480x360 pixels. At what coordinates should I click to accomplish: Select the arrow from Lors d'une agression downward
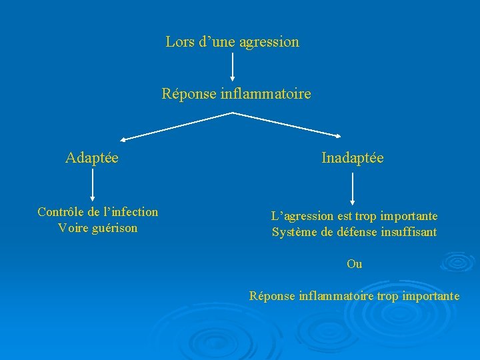tap(233, 67)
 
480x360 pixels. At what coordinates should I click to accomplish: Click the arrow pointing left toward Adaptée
tap(177, 126)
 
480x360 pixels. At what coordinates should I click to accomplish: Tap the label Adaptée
tap(92, 158)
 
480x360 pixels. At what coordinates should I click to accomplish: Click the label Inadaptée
tap(352, 158)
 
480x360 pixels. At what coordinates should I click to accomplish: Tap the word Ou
tap(355, 264)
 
